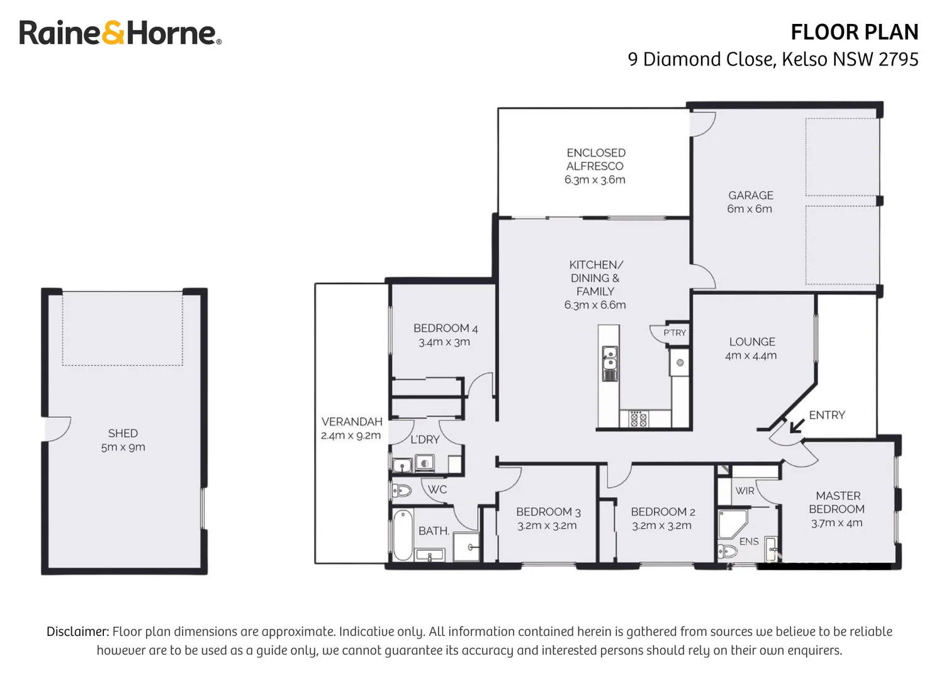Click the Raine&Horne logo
(x=120, y=33)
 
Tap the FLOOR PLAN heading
(x=854, y=32)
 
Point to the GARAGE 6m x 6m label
(x=750, y=202)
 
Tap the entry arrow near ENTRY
(x=796, y=426)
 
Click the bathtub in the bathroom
(x=402, y=535)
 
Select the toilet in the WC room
(x=401, y=490)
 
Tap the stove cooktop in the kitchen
(x=638, y=419)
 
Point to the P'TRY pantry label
(x=675, y=332)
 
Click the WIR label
(x=745, y=490)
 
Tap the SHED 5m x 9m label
(x=123, y=440)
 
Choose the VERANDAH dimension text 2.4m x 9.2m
(x=351, y=436)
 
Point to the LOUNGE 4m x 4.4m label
(x=751, y=348)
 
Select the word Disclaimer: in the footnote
(x=77, y=632)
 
